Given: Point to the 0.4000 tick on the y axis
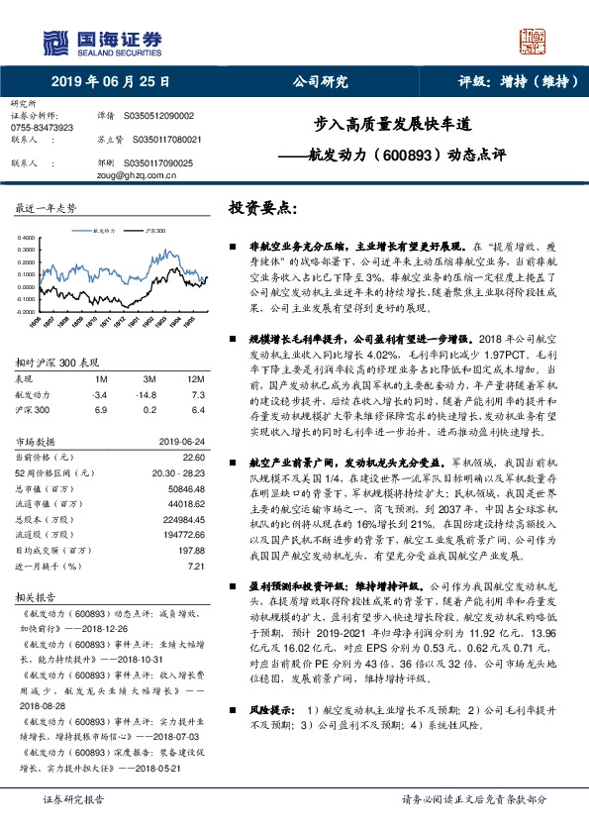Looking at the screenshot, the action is (x=27, y=238).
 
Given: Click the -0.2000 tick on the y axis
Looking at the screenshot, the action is (x=26, y=309).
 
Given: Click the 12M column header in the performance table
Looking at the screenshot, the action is (x=195, y=379).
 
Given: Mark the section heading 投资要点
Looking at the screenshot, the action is (x=262, y=209).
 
